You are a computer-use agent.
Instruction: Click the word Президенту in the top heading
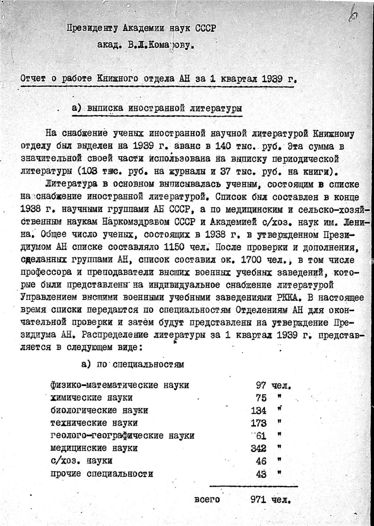pos(92,30)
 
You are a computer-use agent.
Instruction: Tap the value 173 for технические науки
pos(258,423)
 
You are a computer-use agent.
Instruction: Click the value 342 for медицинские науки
pos(258,449)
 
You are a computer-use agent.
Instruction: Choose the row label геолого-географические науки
pos(122,436)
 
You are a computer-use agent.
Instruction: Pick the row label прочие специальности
pos(102,474)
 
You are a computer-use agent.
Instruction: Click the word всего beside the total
pos(206,500)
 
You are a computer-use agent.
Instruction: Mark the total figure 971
pos(258,500)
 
